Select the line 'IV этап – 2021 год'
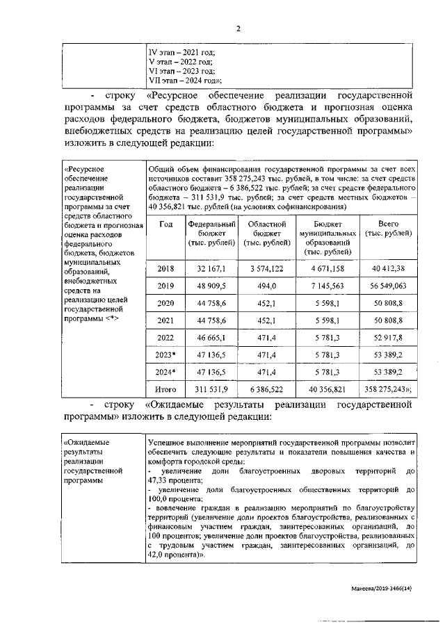coord(182,52)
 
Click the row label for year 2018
coord(165,269)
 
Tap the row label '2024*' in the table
coord(165,372)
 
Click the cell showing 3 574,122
coord(267,269)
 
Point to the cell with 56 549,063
coord(388,286)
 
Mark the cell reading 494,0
coord(267,286)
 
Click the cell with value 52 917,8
coord(388,337)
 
